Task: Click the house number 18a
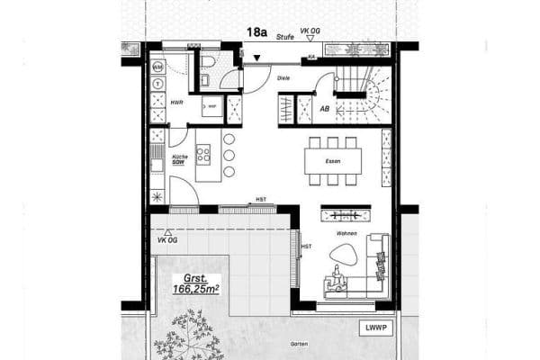(256, 31)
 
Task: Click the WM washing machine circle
(157, 67)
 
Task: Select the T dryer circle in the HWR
(157, 84)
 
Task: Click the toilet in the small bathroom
(206, 61)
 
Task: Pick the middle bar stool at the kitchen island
(229, 155)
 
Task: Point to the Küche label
(178, 157)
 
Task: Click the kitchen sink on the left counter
(157, 165)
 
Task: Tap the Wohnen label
(346, 233)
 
